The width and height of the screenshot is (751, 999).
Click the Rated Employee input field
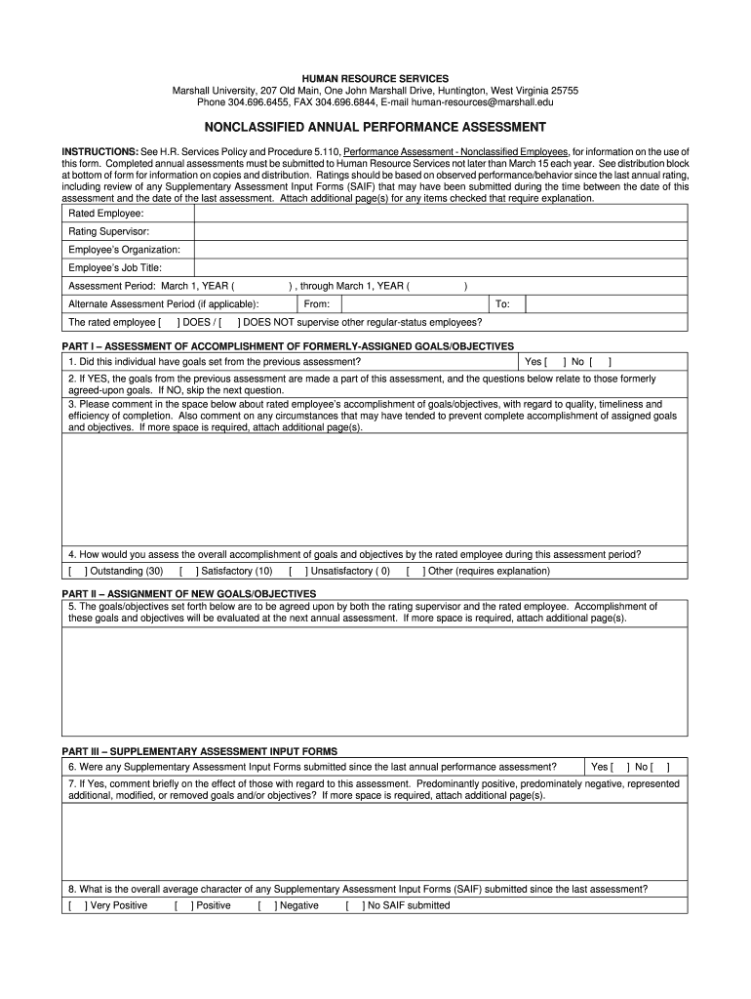pyautogui.click(x=441, y=214)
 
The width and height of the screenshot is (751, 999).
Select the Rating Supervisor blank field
pyautogui.click(x=441, y=231)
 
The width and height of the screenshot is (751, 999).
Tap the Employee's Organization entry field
pyautogui.click(x=441, y=250)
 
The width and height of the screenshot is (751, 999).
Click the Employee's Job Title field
pyautogui.click(x=441, y=267)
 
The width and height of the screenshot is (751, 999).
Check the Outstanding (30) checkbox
pyautogui.click(x=77, y=572)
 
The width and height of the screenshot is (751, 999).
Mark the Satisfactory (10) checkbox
pyautogui.click(x=187, y=572)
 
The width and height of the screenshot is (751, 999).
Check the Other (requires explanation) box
pyautogui.click(x=415, y=572)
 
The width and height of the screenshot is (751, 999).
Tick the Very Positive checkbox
pyautogui.click(x=77, y=905)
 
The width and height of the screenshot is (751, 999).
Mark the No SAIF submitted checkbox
pyautogui.click(x=354, y=905)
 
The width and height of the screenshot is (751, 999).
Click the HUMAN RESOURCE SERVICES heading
pyautogui.click(x=375, y=78)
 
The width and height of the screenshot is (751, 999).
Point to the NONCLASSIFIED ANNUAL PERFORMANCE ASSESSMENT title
pyautogui.click(x=375, y=128)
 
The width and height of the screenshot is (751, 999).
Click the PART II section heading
pyautogui.click(x=189, y=593)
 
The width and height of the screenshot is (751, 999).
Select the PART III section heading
pyautogui.click(x=200, y=751)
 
